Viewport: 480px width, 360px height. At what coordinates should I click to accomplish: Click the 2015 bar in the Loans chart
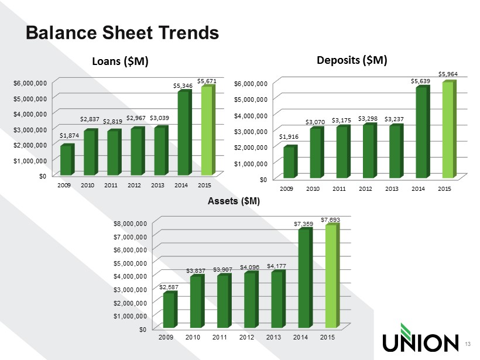(205, 131)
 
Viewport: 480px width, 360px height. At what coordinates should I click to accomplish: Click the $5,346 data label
(183, 85)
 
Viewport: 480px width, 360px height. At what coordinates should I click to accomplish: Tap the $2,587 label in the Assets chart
(168, 287)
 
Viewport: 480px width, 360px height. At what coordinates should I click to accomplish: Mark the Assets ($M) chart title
(234, 201)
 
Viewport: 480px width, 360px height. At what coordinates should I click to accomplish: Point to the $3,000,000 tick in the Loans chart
(32, 129)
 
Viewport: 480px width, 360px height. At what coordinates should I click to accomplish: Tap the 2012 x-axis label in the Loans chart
(134, 185)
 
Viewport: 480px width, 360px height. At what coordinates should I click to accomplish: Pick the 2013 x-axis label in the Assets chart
(273, 338)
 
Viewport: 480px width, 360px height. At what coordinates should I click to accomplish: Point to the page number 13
(467, 343)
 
